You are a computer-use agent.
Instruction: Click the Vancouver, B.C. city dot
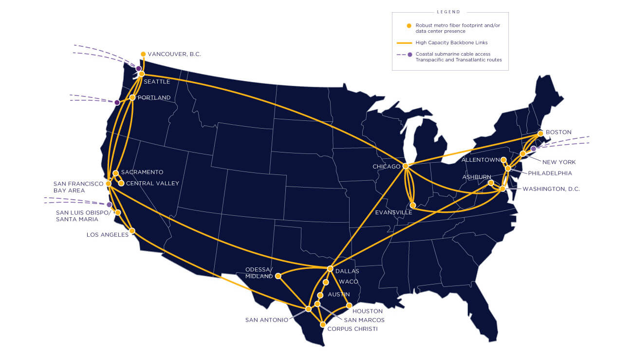click(143, 54)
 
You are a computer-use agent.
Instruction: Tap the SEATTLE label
click(157, 81)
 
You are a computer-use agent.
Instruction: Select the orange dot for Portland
click(132, 97)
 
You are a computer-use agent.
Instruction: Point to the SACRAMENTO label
click(142, 172)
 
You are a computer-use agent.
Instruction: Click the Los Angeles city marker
click(132, 231)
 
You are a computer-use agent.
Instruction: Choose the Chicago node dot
click(405, 166)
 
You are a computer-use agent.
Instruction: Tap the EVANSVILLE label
click(393, 212)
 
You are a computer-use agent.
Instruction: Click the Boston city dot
click(540, 133)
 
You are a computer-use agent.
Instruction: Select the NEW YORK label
click(559, 162)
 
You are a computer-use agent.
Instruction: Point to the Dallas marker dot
click(330, 269)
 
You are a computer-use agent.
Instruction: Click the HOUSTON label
click(368, 311)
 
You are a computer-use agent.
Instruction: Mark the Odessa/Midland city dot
click(278, 276)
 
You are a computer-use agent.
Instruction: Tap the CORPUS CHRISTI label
click(353, 329)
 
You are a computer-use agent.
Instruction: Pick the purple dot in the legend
click(409, 54)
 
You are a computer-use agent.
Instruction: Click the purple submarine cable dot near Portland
click(117, 102)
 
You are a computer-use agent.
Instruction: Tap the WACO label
click(349, 282)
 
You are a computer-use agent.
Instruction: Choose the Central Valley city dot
click(121, 183)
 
